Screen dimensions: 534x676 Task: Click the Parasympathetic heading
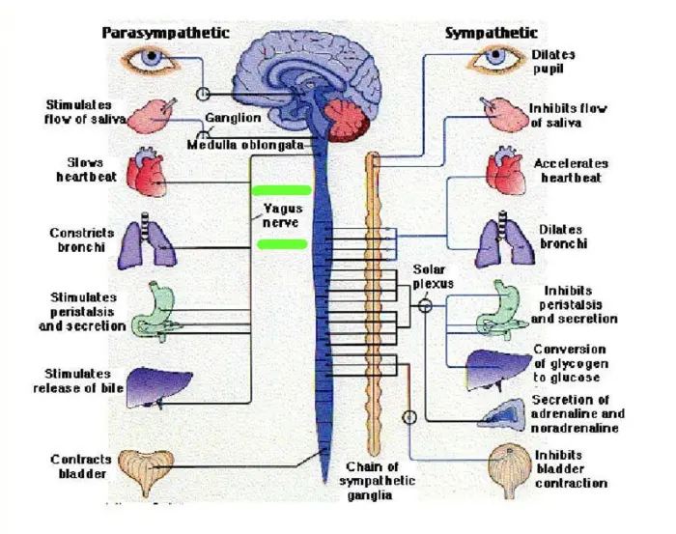coord(166,33)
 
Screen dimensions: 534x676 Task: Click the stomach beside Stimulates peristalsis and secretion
coord(153,308)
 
